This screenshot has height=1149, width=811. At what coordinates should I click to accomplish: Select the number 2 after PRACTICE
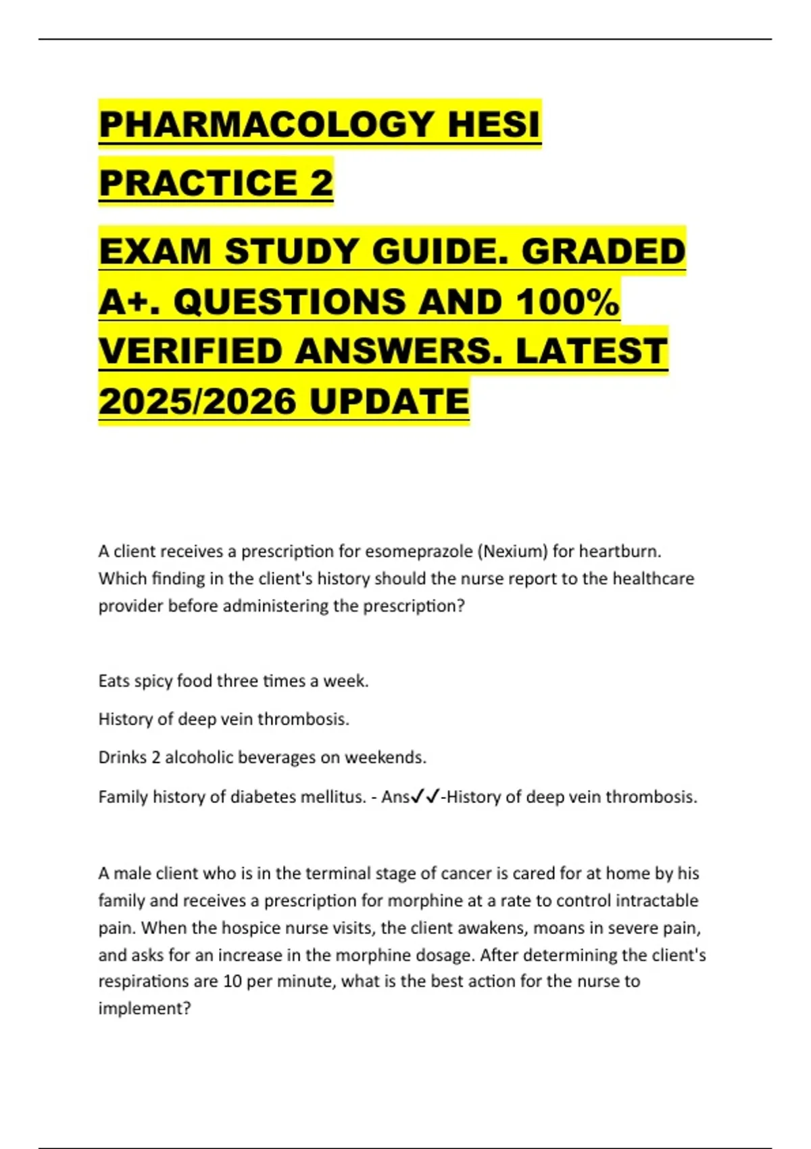pos(322,182)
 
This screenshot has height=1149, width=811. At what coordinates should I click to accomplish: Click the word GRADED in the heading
pos(603,251)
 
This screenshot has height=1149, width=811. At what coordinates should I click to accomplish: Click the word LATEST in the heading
pos(591,351)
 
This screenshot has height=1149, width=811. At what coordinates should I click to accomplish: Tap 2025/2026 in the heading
pos(197,401)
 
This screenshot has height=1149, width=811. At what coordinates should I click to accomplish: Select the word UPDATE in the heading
pos(389,401)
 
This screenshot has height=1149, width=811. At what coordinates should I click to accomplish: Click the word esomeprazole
pos(419,552)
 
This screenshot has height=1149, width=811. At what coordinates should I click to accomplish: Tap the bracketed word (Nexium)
pos(512,552)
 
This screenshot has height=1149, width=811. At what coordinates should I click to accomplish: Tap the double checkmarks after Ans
pos(426,797)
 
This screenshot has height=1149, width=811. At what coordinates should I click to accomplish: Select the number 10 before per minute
pos(232,981)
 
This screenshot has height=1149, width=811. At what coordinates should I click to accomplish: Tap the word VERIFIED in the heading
pos(191,351)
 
